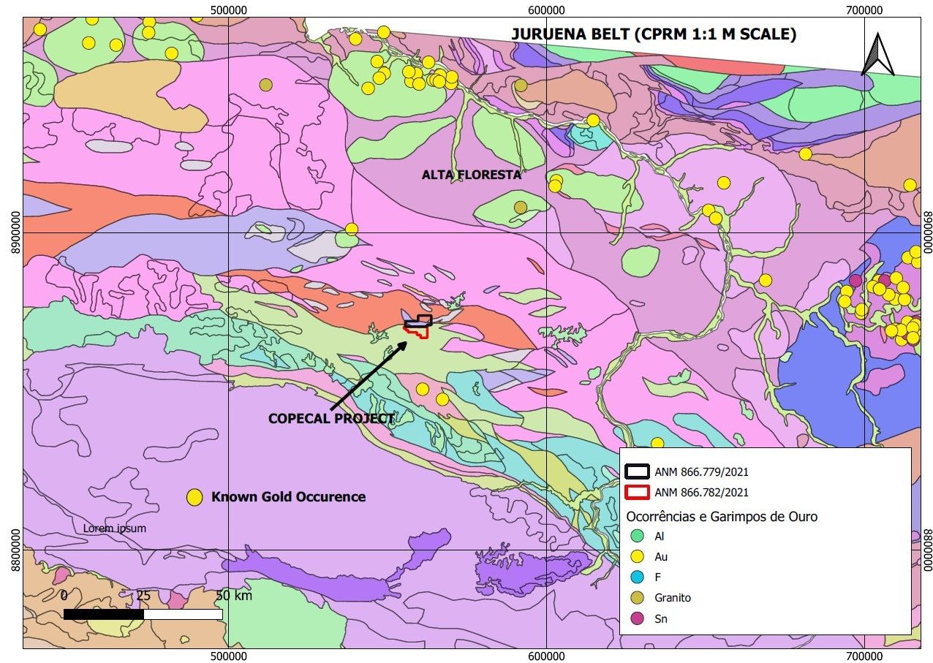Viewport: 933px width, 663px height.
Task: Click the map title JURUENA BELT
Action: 654,34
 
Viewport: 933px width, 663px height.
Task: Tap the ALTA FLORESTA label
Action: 472,175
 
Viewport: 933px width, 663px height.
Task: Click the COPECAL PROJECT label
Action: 331,419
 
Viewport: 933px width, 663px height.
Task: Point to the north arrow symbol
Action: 877,56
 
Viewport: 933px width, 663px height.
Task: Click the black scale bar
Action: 143,614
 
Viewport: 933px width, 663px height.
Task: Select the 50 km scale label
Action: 234,595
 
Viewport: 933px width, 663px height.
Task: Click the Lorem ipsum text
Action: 115,528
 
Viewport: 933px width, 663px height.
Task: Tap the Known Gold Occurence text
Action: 288,497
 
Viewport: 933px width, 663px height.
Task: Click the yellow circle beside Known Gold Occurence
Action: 194,498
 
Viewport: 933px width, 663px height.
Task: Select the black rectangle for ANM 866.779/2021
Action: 638,472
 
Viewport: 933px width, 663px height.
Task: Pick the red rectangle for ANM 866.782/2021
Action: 638,493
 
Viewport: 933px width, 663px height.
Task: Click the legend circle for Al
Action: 638,536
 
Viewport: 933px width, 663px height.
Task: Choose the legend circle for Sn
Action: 638,618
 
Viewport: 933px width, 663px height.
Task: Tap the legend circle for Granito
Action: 638,598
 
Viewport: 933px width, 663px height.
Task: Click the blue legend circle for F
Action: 638,577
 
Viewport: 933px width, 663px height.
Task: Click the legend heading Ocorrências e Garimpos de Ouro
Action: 722,516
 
